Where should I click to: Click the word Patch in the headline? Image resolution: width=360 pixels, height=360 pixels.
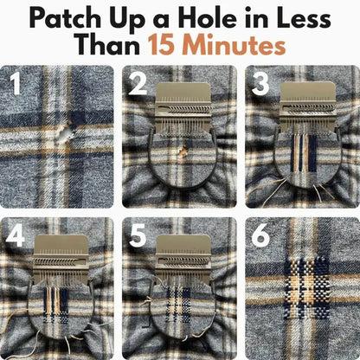point(65,18)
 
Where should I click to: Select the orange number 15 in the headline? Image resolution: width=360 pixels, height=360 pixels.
point(161,45)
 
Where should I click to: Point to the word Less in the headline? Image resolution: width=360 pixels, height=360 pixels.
point(304,18)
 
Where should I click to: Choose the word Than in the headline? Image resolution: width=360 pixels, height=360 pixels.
point(108,45)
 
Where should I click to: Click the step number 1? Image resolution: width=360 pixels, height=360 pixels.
point(15,84)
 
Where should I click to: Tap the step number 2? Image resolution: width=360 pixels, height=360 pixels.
point(138,84)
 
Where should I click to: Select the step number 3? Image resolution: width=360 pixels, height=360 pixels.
point(260,84)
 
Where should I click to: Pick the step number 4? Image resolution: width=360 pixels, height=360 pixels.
point(15,235)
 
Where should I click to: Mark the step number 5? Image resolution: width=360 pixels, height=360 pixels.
point(138,235)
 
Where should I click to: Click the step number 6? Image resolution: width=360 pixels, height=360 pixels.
point(260,235)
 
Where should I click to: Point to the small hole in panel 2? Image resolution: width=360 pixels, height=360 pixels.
point(183,152)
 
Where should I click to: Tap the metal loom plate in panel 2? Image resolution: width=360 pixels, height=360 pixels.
point(183,107)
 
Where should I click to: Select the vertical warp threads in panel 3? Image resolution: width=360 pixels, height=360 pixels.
point(304,152)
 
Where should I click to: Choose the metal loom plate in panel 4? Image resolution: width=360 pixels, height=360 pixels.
point(61,259)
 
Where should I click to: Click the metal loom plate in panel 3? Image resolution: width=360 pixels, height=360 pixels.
point(308,107)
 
